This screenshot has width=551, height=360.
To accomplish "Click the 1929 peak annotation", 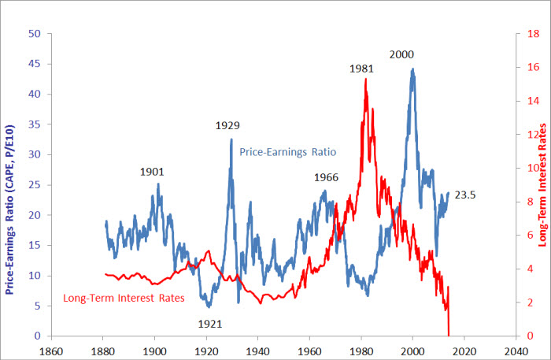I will click(x=227, y=125).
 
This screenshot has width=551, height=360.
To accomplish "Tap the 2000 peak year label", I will click(x=401, y=54).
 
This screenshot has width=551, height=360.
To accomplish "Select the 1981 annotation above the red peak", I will click(x=361, y=69).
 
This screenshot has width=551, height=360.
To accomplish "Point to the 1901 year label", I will click(x=152, y=171).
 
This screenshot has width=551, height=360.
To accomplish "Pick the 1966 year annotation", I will click(x=326, y=177).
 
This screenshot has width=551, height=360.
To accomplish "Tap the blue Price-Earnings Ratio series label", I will click(x=288, y=151).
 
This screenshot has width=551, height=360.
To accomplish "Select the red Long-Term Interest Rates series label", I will click(x=124, y=299).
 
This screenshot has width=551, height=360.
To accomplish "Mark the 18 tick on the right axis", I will click(x=533, y=34).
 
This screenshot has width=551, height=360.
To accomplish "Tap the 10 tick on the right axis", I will click(x=533, y=169).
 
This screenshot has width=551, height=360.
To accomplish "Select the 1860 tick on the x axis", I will click(x=51, y=351).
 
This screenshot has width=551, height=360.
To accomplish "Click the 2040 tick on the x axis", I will click(x=516, y=351).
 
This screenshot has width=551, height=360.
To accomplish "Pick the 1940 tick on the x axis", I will click(x=258, y=351).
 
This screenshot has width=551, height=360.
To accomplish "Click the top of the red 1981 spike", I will click(x=366, y=79).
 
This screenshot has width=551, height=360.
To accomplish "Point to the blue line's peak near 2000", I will click(x=412, y=69).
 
